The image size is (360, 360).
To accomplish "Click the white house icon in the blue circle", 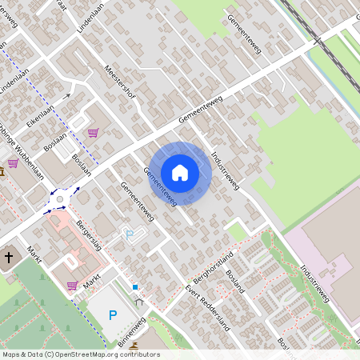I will click(x=180, y=172).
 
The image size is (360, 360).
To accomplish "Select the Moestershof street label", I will click(x=121, y=82).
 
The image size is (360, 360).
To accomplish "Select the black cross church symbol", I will click(x=10, y=258).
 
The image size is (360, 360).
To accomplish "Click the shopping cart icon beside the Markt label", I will click(x=72, y=286).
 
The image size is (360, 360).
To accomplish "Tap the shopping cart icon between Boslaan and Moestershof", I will click(x=93, y=133).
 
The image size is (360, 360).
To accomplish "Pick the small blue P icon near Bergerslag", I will click(x=130, y=235).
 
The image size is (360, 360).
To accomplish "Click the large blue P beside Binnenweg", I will click(x=113, y=314).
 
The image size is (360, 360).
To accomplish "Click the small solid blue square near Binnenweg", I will click(x=135, y=286).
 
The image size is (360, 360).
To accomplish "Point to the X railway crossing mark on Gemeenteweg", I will click(x=317, y=39).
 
